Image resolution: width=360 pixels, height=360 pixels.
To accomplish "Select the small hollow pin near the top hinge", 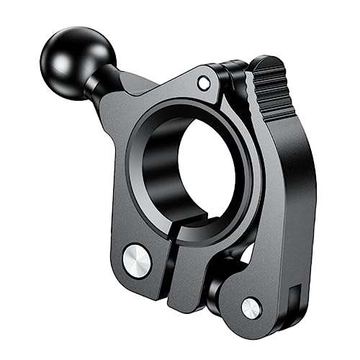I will (204, 83).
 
